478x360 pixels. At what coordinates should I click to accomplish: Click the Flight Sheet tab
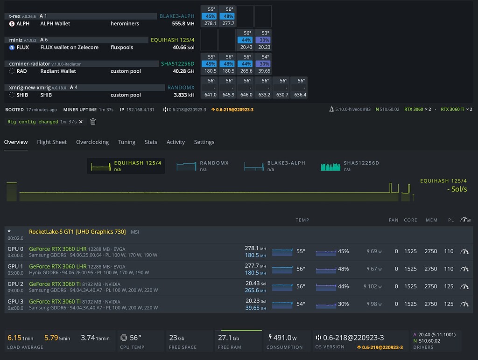pos(52,142)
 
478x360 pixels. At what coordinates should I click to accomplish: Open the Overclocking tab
pos(92,142)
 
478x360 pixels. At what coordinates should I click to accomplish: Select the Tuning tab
pos(127,142)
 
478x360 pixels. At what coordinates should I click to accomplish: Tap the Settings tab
pos(204,142)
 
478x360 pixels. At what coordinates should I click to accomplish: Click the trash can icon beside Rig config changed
pos(93,122)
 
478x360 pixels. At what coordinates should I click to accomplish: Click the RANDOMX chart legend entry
pos(203,166)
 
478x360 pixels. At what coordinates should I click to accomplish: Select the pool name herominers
pos(125,23)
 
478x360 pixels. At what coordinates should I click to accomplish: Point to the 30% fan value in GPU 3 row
pos(343,304)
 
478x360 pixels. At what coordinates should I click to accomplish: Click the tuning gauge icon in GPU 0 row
pos(464,251)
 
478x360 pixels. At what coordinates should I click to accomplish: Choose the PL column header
pos(450,220)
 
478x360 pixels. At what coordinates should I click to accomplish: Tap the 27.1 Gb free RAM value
pos(228,338)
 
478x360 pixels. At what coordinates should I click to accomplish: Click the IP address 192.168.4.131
pos(140,110)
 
